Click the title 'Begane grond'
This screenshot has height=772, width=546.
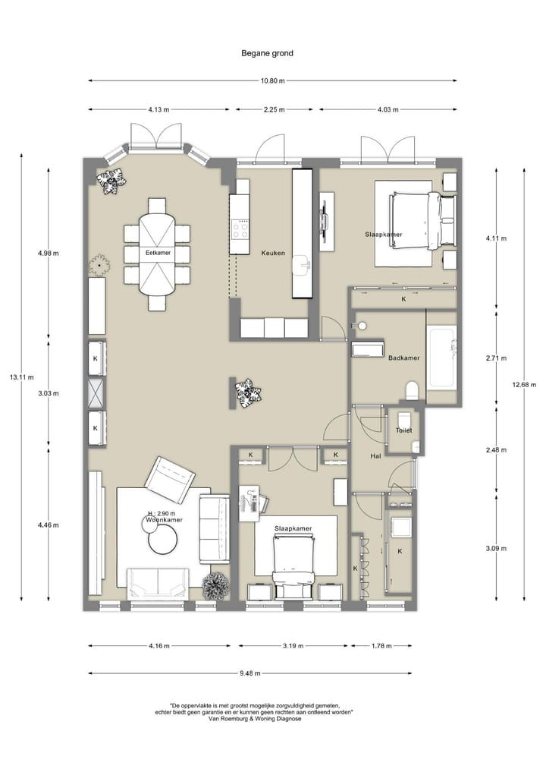[x=267, y=53]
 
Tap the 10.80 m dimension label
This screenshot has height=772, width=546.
[x=272, y=80]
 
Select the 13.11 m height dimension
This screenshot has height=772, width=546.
[x=22, y=377]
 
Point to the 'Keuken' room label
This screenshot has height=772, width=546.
[x=273, y=253]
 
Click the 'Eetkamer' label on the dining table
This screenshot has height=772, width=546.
[x=158, y=253]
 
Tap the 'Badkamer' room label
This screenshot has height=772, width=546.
[x=404, y=358]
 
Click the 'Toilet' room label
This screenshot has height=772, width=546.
[x=404, y=430]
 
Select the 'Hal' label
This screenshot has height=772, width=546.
[x=376, y=456]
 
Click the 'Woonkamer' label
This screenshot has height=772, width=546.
[x=165, y=520]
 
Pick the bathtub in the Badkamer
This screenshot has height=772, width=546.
[x=441, y=358]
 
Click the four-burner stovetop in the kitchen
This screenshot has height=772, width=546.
[x=240, y=230]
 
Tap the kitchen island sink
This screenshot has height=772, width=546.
[x=301, y=266]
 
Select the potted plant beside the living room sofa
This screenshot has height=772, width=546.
[x=216, y=586]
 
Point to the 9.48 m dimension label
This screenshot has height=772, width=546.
[x=250, y=673]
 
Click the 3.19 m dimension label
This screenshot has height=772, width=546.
[x=293, y=646]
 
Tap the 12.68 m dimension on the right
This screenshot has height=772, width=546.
[x=524, y=385]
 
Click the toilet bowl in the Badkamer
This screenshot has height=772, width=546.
[x=413, y=390]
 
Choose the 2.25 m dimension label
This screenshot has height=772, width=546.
[x=274, y=110]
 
